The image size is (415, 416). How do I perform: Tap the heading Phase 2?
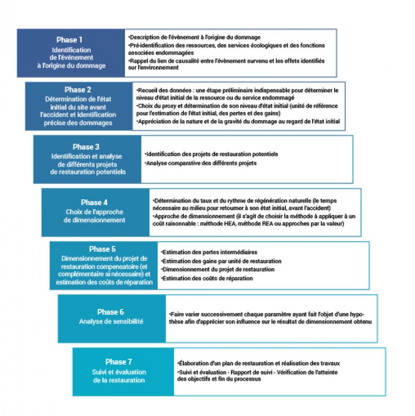(78, 89)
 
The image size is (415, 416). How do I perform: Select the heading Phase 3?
(86, 147)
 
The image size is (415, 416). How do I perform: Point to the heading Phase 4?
(94, 202)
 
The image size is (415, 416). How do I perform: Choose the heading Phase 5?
(102, 249)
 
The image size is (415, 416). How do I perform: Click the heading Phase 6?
(110, 312)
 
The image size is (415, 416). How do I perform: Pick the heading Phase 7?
(119, 361)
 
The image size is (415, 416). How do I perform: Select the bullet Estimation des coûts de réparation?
(207, 278)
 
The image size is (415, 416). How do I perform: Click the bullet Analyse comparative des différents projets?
(201, 163)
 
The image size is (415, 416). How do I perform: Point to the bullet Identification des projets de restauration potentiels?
(212, 154)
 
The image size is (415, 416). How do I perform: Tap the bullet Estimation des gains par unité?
(221, 261)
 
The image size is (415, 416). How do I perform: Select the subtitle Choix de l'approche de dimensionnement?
(94, 216)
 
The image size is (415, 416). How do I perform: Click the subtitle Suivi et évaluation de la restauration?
(119, 376)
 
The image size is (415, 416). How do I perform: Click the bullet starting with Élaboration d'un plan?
(259, 363)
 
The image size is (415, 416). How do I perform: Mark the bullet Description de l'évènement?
(195, 37)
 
